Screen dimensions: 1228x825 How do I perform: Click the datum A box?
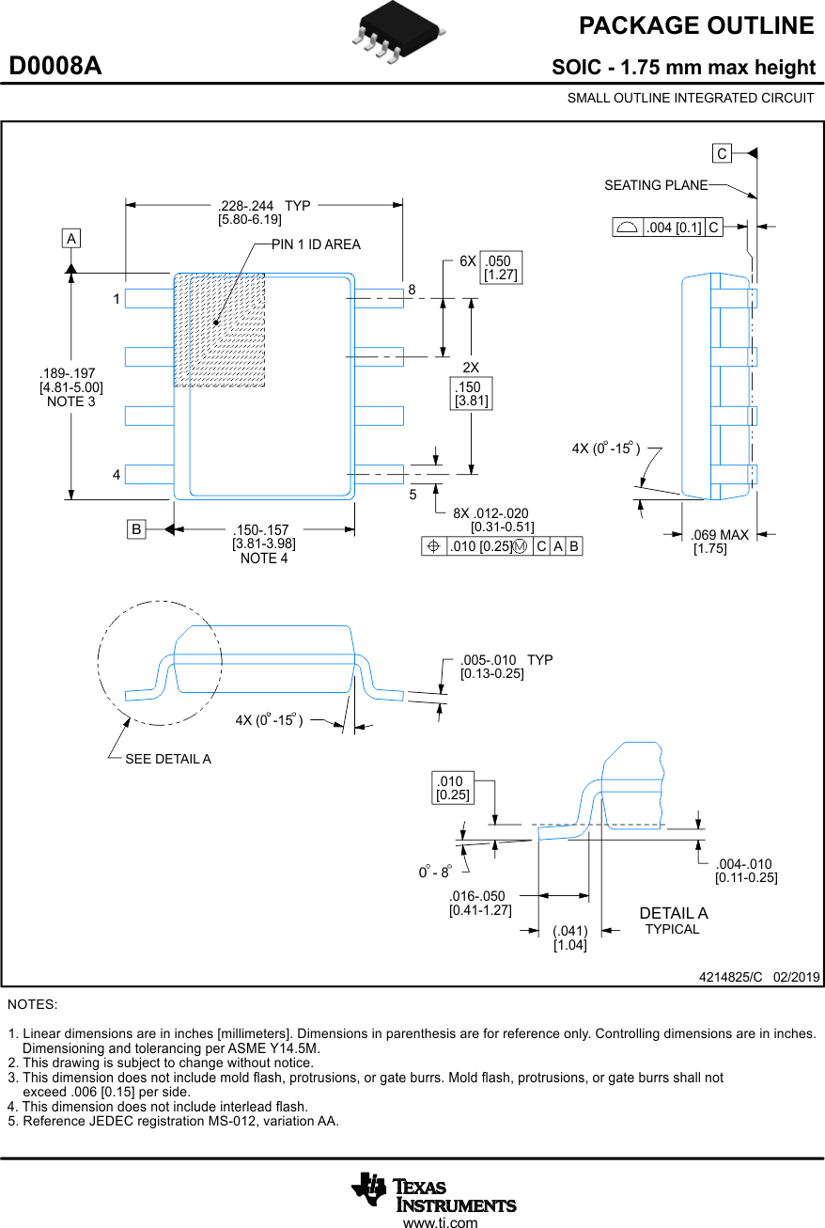coord(71,239)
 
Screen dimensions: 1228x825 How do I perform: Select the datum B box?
coord(137,530)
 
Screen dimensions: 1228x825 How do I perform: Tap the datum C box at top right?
coord(721,153)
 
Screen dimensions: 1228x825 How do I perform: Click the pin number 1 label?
coord(117,299)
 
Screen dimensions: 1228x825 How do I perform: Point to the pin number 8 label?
coord(412,291)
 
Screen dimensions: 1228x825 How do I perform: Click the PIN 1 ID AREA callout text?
coord(316,244)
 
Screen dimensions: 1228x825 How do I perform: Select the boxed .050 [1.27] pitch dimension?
coord(501,268)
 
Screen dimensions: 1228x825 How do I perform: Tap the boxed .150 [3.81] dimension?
coord(471,394)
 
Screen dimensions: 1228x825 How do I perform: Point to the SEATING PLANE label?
coord(655,185)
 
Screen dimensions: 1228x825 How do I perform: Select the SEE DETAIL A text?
coord(168,759)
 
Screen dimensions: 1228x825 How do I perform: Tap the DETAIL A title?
coord(673,913)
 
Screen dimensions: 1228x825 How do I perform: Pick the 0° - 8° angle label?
coord(435,873)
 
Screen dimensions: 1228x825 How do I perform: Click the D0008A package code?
coord(55,67)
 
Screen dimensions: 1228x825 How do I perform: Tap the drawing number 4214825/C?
coord(731,977)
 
